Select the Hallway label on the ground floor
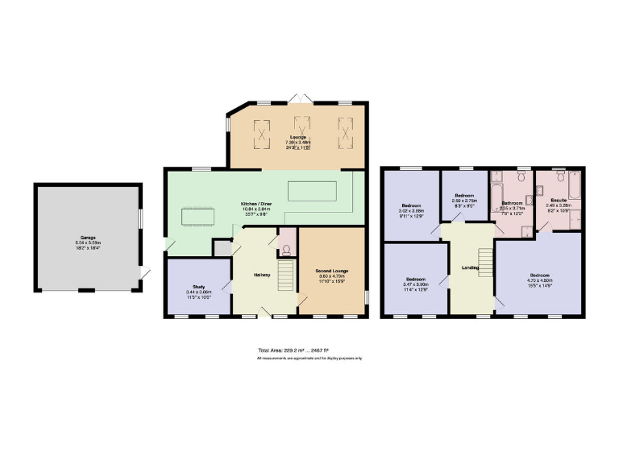(262, 275)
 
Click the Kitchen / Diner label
(256, 205)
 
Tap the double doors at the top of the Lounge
(301, 98)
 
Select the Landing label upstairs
(470, 267)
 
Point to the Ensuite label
(559, 199)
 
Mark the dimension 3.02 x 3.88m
(411, 211)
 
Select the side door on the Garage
(144, 274)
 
